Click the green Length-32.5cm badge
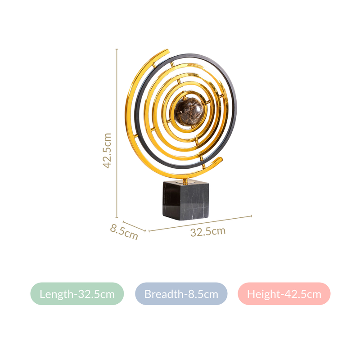point(77,294)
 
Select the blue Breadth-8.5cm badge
point(181,294)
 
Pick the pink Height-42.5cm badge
point(284,294)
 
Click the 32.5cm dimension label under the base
point(207,232)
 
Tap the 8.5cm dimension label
point(124,232)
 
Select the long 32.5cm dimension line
point(200,223)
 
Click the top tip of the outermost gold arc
point(166,51)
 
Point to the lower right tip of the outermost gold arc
point(220,160)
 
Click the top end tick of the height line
point(117,49)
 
